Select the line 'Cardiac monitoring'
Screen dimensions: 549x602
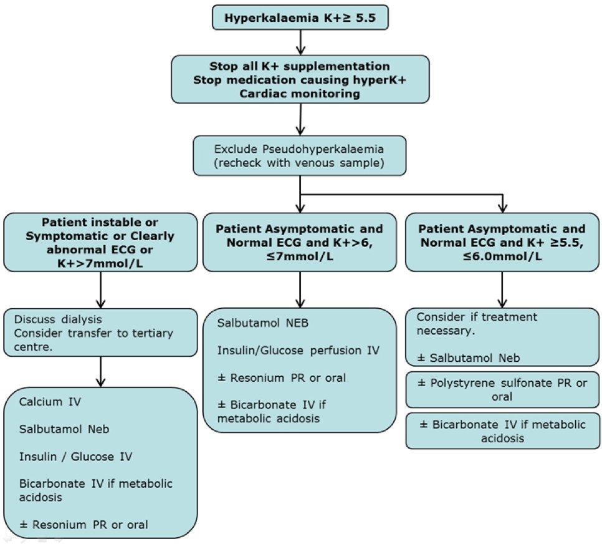pyautogui.click(x=300, y=93)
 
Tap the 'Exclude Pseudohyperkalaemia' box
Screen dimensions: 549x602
pyautogui.click(x=300, y=156)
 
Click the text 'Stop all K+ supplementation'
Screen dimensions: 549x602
pyautogui.click(x=300, y=66)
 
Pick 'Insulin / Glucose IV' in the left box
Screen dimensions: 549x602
pyautogui.click(x=75, y=457)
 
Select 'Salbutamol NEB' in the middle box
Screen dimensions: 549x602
pyautogui.click(x=254, y=324)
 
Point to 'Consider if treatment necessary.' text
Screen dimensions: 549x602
pyautogui.click(x=477, y=324)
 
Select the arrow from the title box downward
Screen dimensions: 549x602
pyautogui.click(x=300, y=42)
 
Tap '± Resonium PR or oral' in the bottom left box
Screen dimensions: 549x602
pyautogui.click(x=84, y=524)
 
